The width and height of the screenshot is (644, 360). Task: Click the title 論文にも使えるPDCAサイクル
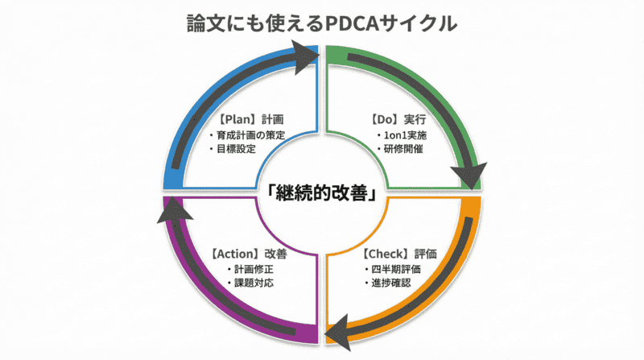pyautogui.click(x=321, y=22)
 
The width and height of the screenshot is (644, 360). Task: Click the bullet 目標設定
pyautogui.click(x=231, y=149)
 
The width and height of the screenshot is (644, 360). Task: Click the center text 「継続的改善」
pyautogui.click(x=322, y=194)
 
